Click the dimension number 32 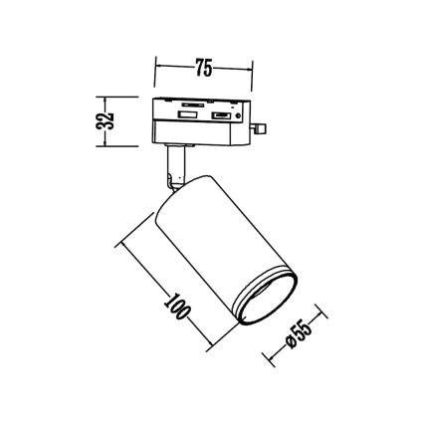(x=110, y=120)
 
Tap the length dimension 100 (x=176, y=304)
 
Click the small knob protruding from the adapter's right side (x=262, y=127)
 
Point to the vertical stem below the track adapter (x=175, y=165)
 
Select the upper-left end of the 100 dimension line (x=120, y=242)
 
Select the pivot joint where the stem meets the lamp (x=175, y=185)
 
